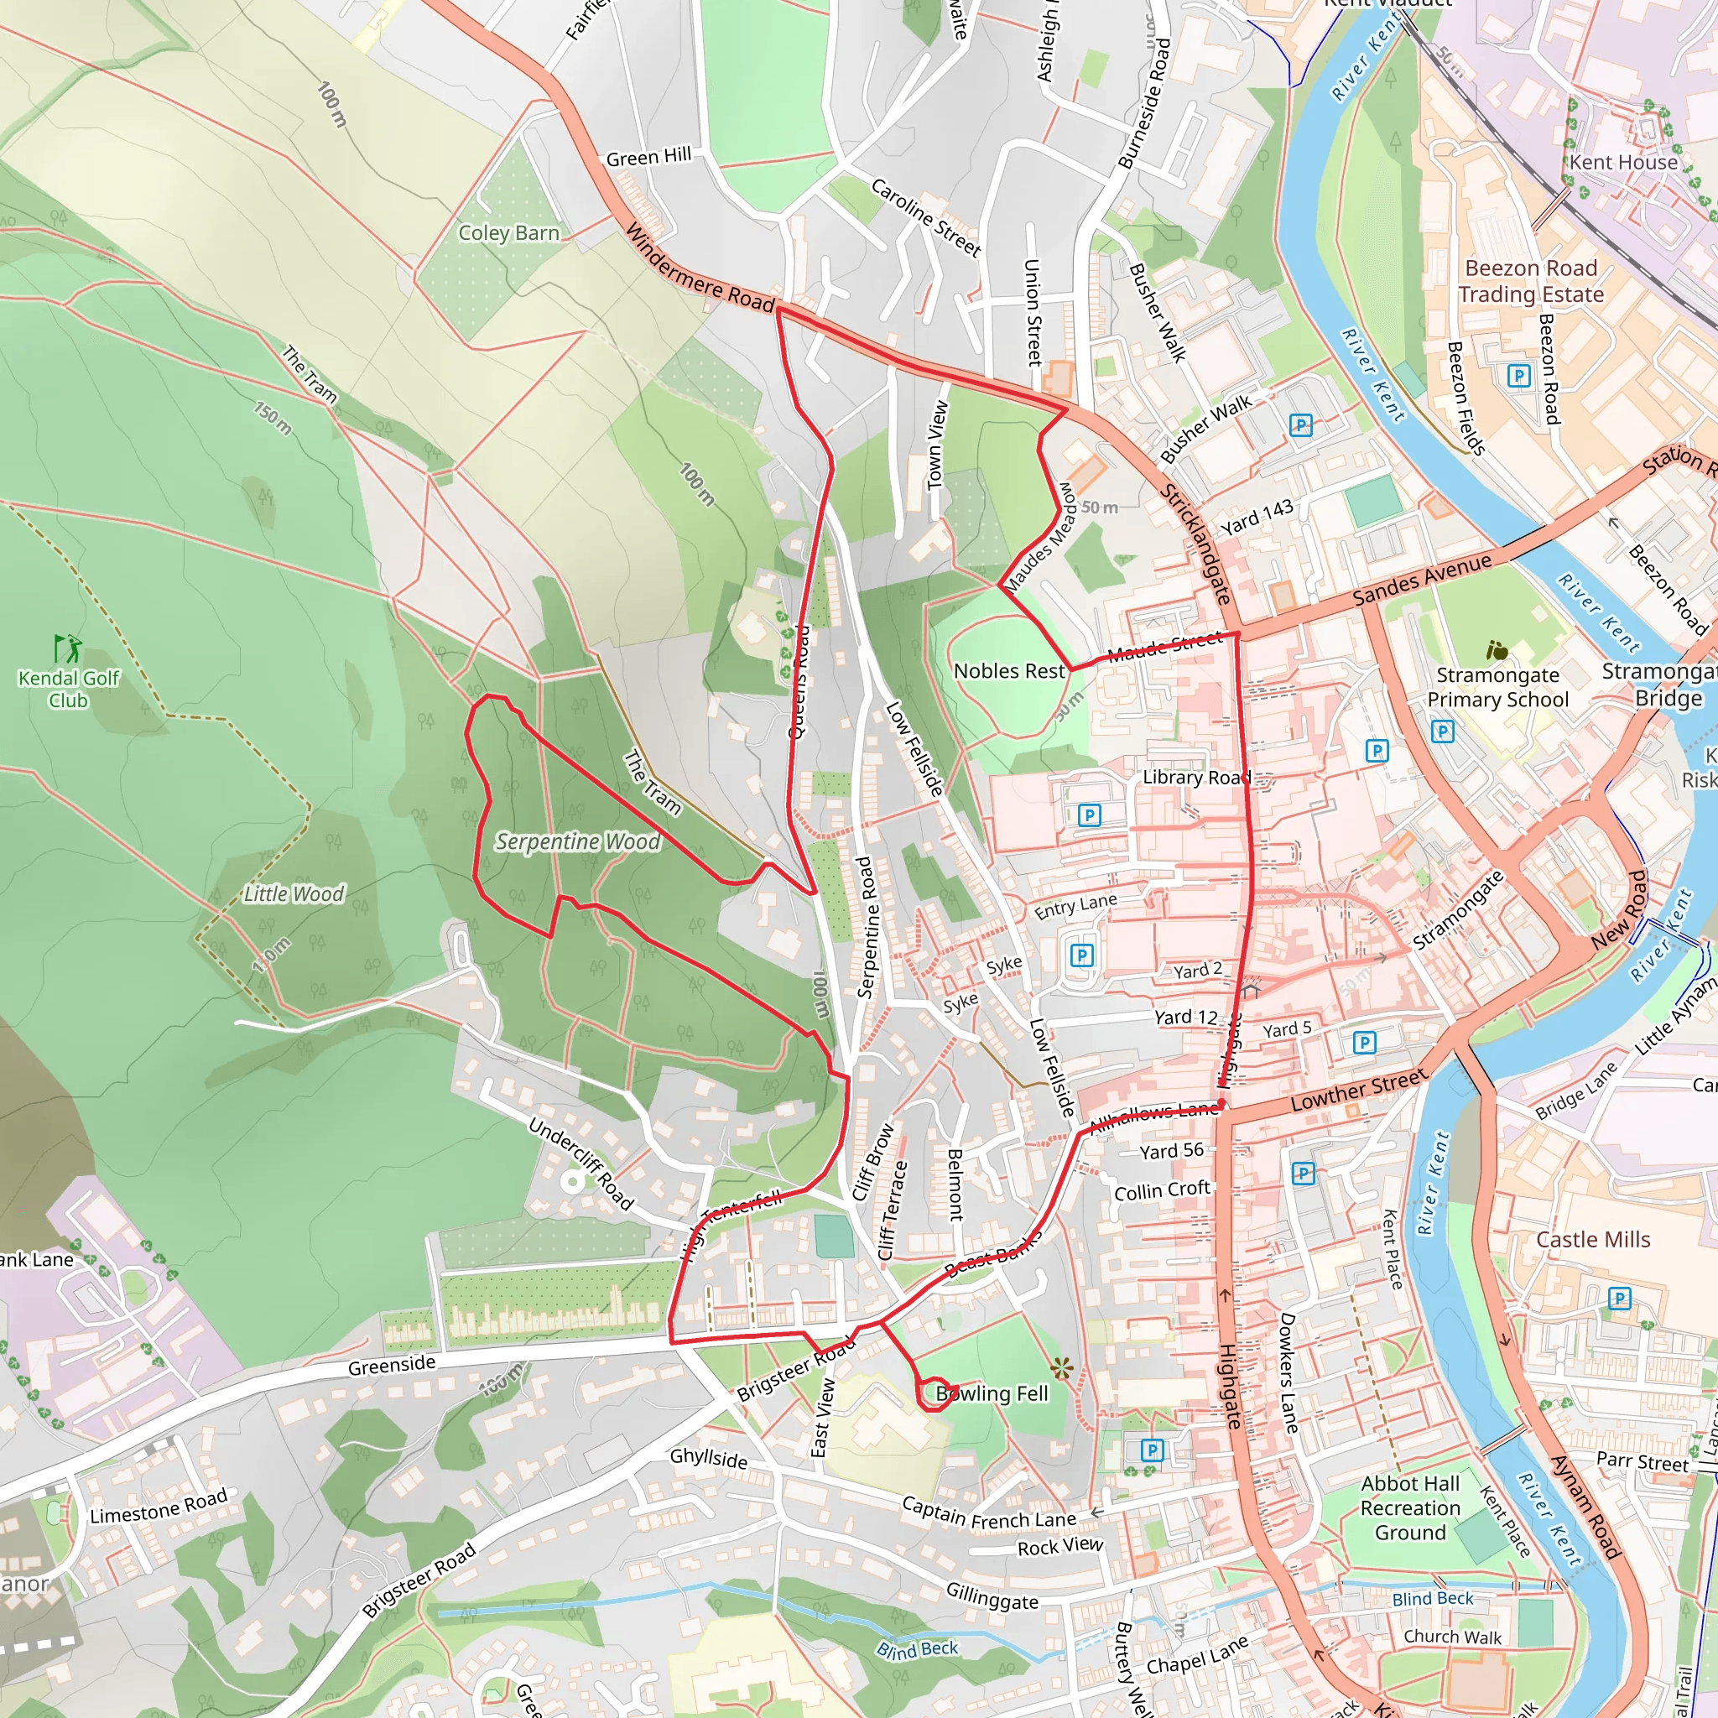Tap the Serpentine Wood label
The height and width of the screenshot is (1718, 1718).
click(578, 841)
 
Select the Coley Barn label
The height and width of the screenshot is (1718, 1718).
click(508, 233)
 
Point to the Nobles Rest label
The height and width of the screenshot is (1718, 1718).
click(1008, 671)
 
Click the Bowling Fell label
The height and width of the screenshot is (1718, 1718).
click(992, 1393)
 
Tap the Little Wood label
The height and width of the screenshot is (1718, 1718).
click(294, 893)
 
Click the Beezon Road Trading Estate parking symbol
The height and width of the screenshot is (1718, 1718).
click(1519, 375)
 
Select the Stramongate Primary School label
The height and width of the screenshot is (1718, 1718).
click(1497, 687)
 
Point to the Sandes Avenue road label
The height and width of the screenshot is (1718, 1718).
click(1422, 579)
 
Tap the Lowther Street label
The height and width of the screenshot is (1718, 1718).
click(1358, 1090)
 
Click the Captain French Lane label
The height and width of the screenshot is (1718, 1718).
click(989, 1511)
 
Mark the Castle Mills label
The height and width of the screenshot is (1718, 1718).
click(1593, 1240)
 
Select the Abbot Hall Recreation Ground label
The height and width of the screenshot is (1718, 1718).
click(1410, 1507)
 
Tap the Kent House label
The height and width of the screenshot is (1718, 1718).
click(1623, 162)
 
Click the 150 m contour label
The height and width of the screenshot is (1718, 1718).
click(273, 419)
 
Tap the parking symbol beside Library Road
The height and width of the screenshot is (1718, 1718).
click(1088, 815)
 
